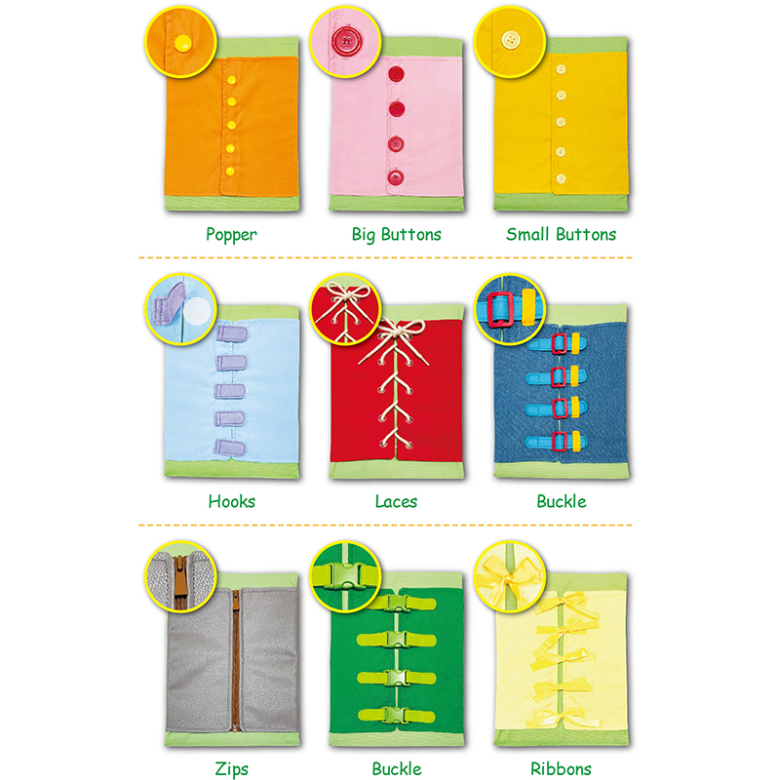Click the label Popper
tap(231, 235)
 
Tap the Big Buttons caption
tap(396, 235)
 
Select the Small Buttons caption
tap(561, 235)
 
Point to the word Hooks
tap(231, 502)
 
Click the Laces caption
tap(396, 502)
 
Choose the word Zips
tap(231, 769)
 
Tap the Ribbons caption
tap(561, 769)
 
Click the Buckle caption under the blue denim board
tap(561, 502)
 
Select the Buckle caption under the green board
tap(396, 769)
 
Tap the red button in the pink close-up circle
tap(343, 42)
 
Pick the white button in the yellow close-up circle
tap(509, 41)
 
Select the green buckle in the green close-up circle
tap(346, 578)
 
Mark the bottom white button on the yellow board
tap(561, 178)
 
